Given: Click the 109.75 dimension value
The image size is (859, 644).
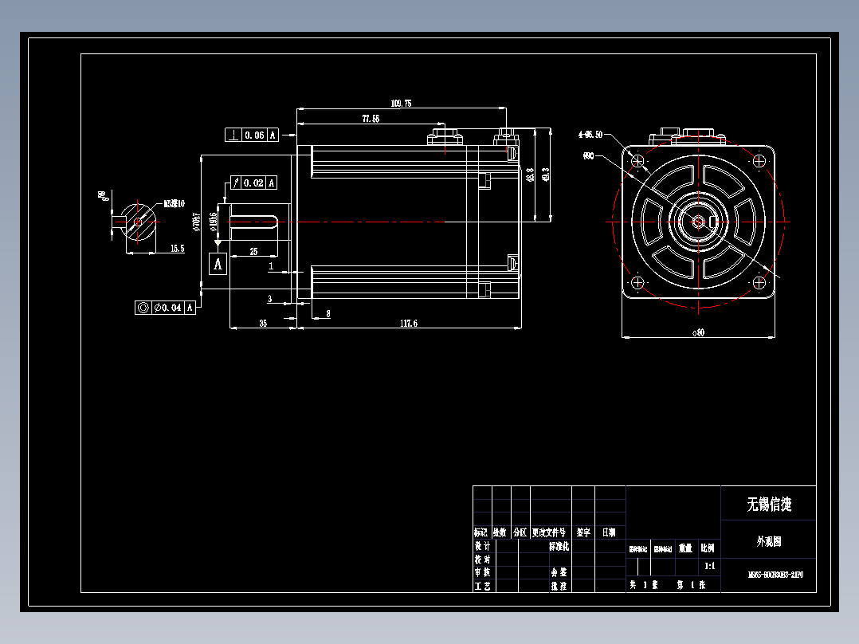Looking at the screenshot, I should pos(402,104).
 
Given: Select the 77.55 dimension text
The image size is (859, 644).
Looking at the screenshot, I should pos(371,118).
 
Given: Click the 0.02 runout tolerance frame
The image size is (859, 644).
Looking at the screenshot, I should pos(253,183).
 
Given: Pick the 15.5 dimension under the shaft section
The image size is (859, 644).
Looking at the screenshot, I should pos(177,249).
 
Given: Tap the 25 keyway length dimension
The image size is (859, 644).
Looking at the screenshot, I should pos(253,251).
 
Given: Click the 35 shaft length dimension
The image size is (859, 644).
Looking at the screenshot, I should pos(262,323).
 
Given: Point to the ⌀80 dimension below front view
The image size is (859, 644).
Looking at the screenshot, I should pos(698,332).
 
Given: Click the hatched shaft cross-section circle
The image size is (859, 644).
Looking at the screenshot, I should pos(139,222).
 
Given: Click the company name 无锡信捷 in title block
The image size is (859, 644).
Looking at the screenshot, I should pos(768,505).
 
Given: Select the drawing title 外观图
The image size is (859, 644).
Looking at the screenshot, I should pos(768,541).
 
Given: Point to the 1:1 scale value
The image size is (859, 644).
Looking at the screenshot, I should pos(709,567).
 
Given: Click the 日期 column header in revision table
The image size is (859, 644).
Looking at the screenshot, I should pos(608,532).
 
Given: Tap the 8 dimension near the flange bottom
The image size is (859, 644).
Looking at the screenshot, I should pos(328,314).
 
